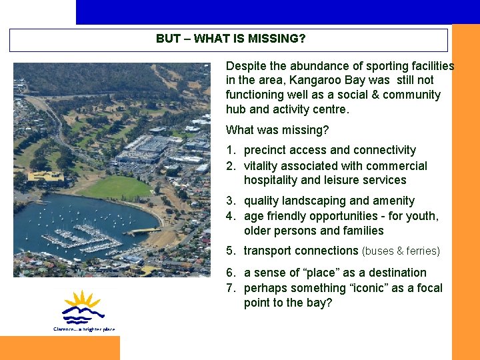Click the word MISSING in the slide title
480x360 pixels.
pos(276,39)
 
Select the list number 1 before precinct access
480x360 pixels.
pos(229,151)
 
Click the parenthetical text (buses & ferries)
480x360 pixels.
pos(401,251)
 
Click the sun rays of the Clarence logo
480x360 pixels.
pos(81,300)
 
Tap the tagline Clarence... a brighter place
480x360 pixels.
pos(84,329)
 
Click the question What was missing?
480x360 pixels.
pos(277,130)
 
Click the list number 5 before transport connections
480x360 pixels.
pos(229,251)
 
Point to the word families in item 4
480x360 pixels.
pos(363,231)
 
